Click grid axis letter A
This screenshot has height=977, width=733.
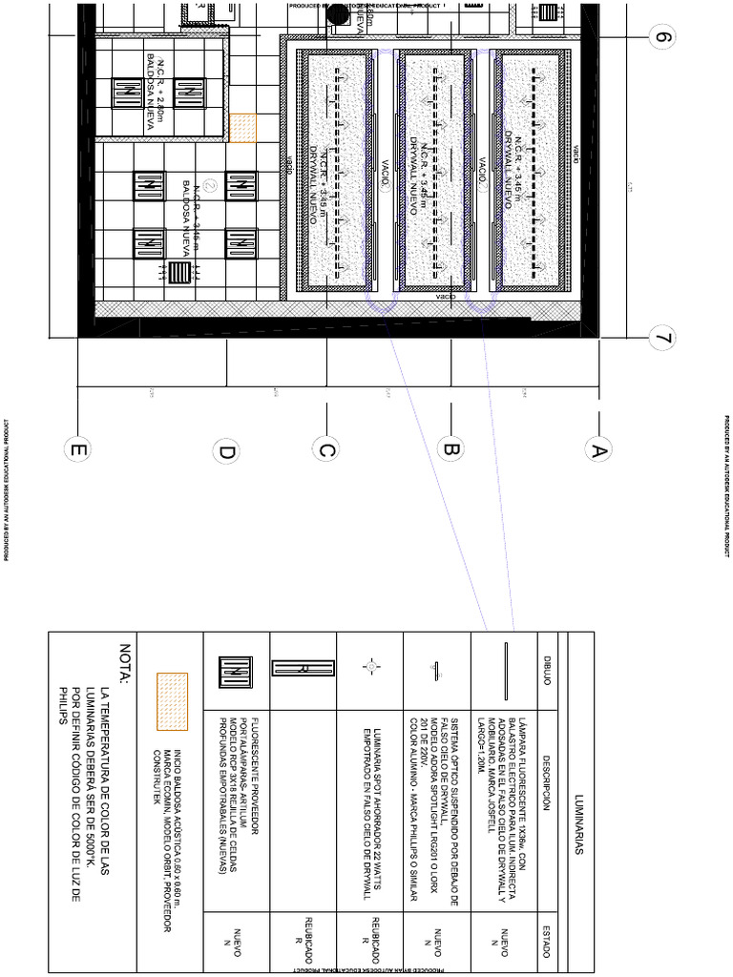pos(599,448)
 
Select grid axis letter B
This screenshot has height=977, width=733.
pos(450,448)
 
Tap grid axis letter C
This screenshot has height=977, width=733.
pos(325,448)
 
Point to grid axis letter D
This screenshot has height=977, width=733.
pos(226,452)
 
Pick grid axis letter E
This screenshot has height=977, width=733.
pos(76,448)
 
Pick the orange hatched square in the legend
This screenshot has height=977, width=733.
pos(172,700)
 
